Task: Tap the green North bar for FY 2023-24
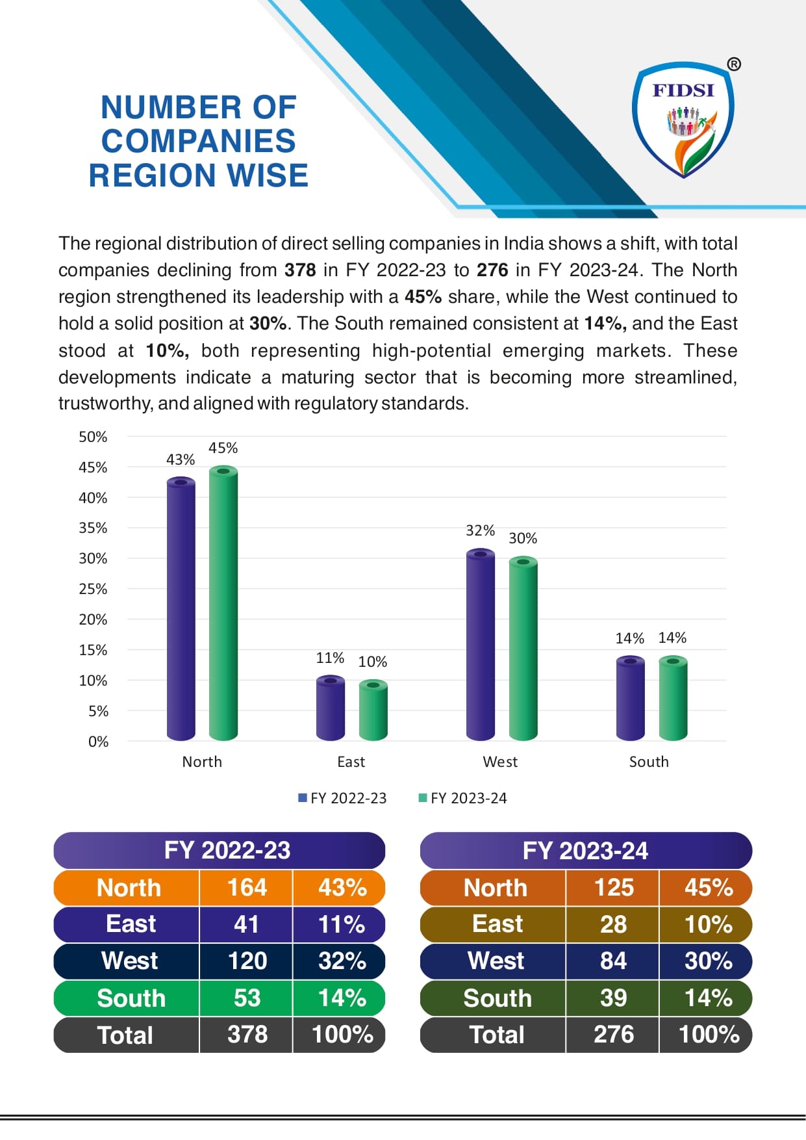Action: [x=223, y=604]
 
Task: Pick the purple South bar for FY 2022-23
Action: [x=630, y=699]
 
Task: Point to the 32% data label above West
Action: [x=480, y=530]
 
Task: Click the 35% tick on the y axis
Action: [x=93, y=528]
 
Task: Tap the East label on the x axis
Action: [x=351, y=762]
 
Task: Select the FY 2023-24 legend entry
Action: [x=462, y=798]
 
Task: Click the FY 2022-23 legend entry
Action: [x=342, y=798]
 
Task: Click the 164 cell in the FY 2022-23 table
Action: [x=247, y=888]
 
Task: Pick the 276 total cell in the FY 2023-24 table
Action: [x=613, y=1034]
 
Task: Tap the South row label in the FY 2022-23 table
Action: [x=131, y=998]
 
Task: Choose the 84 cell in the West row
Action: [x=613, y=961]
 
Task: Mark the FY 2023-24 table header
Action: [x=585, y=851]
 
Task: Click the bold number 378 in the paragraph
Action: [x=300, y=270]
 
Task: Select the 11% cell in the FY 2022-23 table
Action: [x=342, y=924]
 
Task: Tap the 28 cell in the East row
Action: [x=613, y=924]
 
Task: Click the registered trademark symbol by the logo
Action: [x=733, y=64]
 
